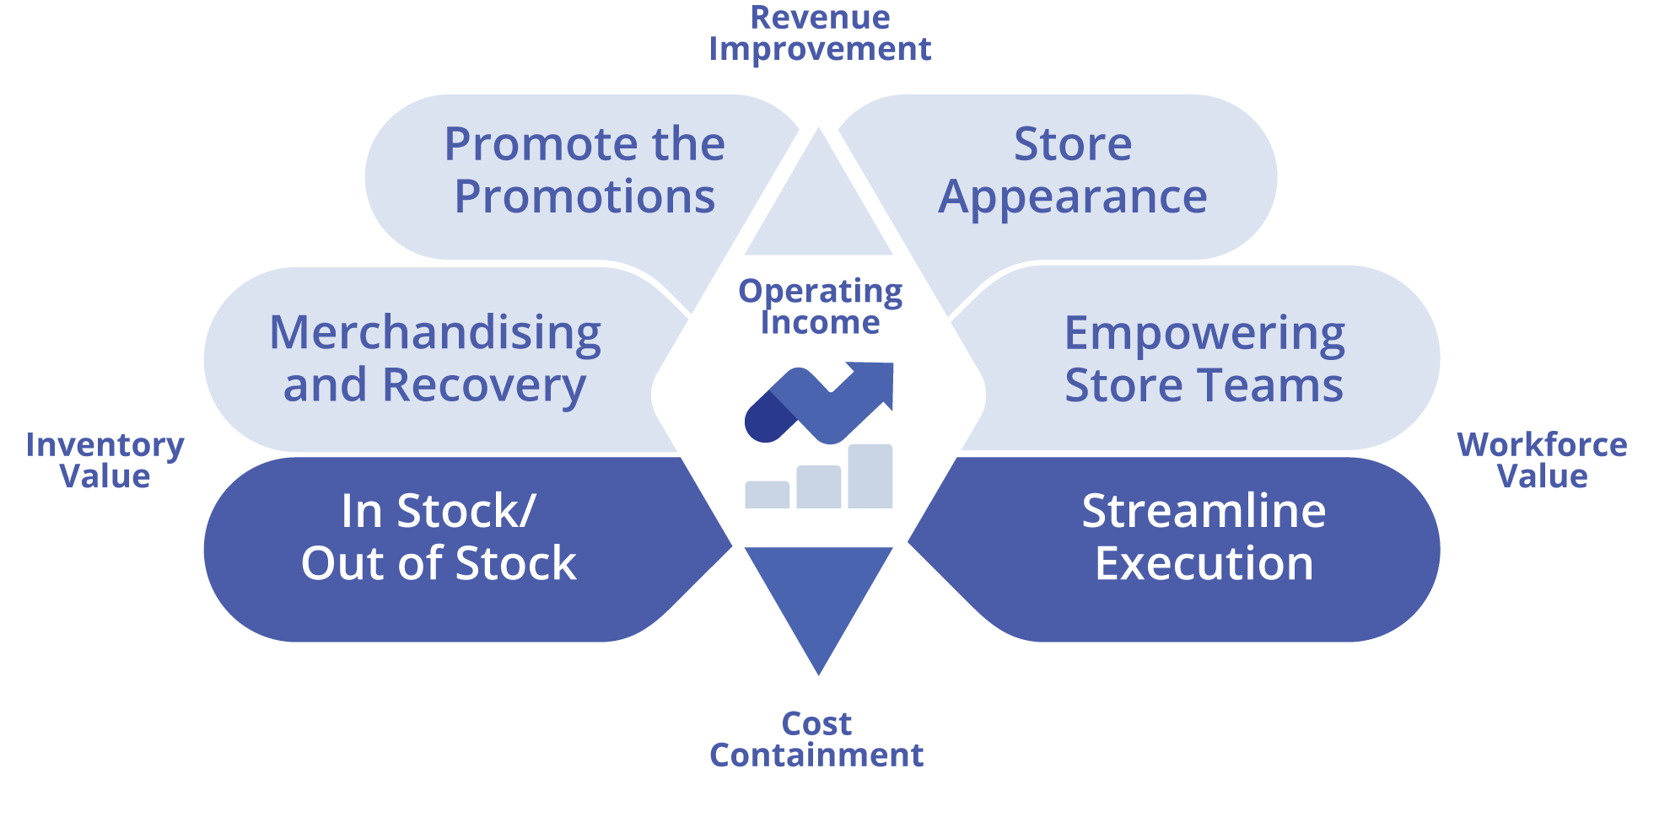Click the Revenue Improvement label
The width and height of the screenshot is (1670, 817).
(820, 34)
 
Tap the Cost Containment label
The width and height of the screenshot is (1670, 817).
(816, 739)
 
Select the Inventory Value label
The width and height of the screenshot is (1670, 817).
(105, 460)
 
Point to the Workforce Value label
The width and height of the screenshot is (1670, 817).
(1542, 460)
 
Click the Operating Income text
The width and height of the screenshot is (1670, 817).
(820, 306)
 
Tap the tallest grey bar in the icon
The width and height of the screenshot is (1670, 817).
(870, 476)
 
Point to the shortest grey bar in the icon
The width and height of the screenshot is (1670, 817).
(767, 495)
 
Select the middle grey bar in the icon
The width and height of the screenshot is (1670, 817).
(818, 486)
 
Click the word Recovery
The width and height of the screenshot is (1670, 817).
(484, 386)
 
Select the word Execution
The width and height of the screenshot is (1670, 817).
(1204, 564)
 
